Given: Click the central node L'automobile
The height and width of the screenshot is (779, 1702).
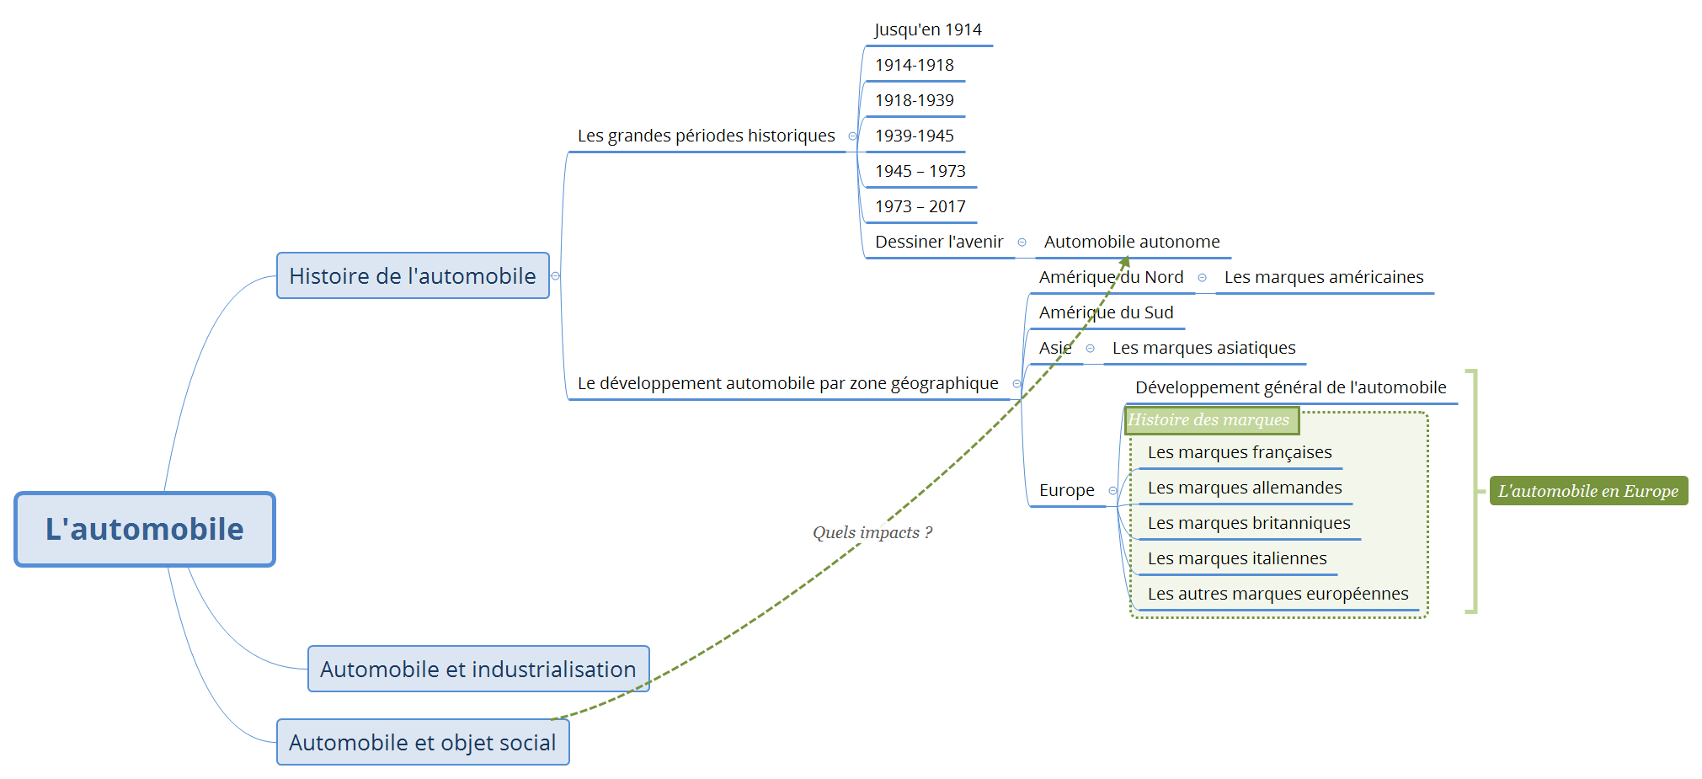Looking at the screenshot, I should (145, 529).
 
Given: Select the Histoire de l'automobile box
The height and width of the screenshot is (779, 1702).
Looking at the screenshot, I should (413, 275).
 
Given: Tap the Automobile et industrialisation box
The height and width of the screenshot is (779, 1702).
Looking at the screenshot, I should (478, 669).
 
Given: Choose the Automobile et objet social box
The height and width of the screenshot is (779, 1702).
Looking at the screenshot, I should (423, 742).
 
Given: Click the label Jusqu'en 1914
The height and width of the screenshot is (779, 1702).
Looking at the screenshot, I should (928, 30).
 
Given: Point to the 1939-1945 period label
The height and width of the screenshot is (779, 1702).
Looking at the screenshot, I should (915, 136).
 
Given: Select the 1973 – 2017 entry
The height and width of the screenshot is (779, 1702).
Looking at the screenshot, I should (920, 206).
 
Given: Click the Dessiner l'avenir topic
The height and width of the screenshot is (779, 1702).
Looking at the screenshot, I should (939, 242).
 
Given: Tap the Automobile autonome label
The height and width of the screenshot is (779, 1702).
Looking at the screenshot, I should (1132, 242).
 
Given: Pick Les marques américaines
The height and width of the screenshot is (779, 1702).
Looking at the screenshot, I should (1324, 277).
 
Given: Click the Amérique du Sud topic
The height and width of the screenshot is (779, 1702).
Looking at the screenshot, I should (1106, 312).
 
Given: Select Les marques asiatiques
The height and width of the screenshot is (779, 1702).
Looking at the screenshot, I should (1203, 348).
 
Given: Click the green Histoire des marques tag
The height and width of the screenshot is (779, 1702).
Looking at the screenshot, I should (1209, 419).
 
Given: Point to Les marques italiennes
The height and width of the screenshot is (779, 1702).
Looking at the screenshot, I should (1237, 558).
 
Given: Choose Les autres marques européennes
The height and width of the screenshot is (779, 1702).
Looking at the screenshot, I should (1278, 594).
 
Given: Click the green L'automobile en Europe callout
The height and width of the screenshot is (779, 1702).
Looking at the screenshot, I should (1588, 491).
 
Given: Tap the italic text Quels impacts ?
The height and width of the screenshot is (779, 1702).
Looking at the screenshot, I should (872, 532).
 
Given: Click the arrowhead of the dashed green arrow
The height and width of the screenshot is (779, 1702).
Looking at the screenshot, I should (1125, 261).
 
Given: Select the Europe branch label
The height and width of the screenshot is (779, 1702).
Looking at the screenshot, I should (1067, 490).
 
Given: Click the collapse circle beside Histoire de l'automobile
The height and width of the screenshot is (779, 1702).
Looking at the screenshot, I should (555, 276).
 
